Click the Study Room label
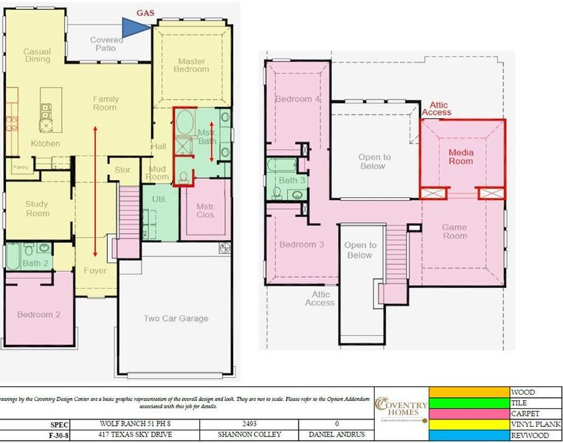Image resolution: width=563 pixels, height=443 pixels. point(37,209)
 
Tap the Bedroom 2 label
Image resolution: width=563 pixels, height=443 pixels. point(38,315)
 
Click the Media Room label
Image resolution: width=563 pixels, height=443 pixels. point(461,157)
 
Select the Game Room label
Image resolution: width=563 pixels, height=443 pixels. point(455,232)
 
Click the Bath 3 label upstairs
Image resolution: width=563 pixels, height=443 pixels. point(288,180)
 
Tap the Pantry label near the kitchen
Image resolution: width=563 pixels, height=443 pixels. point(20,168)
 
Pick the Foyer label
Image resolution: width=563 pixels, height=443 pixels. point(95,270)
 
